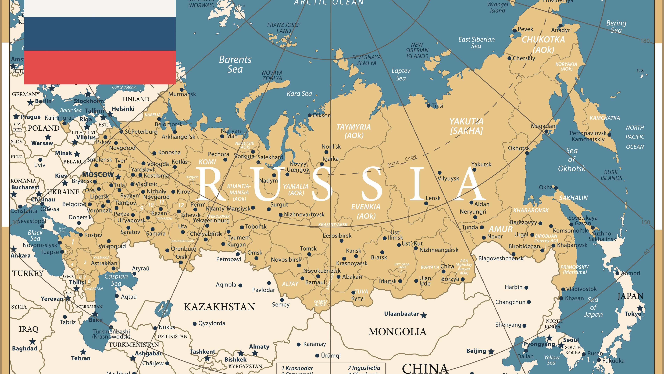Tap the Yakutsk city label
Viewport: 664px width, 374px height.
point(481,164)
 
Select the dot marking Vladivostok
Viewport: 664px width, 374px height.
point(563,289)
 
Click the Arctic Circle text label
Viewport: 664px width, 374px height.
point(402,161)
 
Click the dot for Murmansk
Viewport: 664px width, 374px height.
point(182,90)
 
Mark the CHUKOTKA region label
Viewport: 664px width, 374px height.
point(543,40)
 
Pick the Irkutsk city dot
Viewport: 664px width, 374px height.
point(400,281)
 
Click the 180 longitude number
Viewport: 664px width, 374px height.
point(645,41)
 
